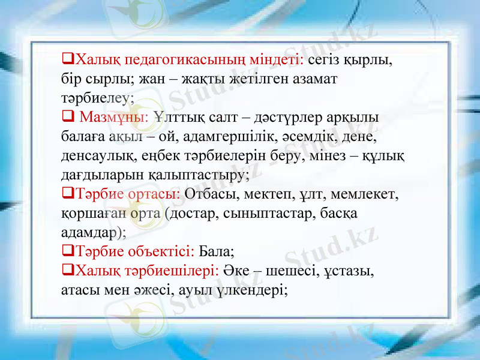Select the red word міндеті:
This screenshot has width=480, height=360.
pos(277,60)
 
